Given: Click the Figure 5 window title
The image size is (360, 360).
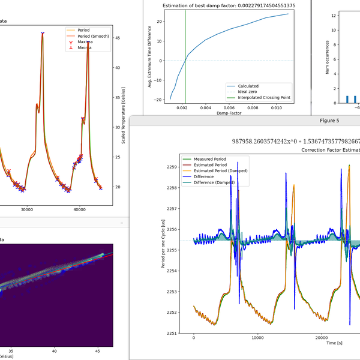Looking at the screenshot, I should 329,121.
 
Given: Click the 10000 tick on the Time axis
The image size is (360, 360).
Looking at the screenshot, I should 258,339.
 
